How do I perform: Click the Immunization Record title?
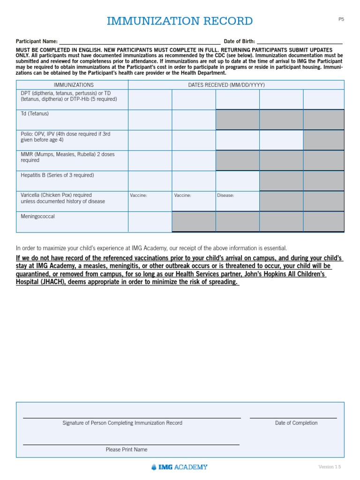click(180, 21)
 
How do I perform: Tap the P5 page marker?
click(341, 19)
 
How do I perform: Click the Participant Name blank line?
click(140, 41)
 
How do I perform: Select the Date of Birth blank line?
click(300, 41)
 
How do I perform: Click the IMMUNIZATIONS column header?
click(74, 85)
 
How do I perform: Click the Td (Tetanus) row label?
click(35, 114)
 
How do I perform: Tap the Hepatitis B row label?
click(57, 175)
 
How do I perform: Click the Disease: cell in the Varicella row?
click(237, 201)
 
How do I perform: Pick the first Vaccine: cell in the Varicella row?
click(150, 201)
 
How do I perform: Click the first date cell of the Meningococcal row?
click(150, 222)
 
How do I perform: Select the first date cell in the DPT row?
click(150, 99)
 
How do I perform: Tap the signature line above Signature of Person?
click(132, 417)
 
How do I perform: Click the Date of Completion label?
click(296, 423)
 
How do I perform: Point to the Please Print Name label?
click(127, 450)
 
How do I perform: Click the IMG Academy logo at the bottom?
click(180, 467)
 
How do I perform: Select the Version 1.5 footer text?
click(330, 467)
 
